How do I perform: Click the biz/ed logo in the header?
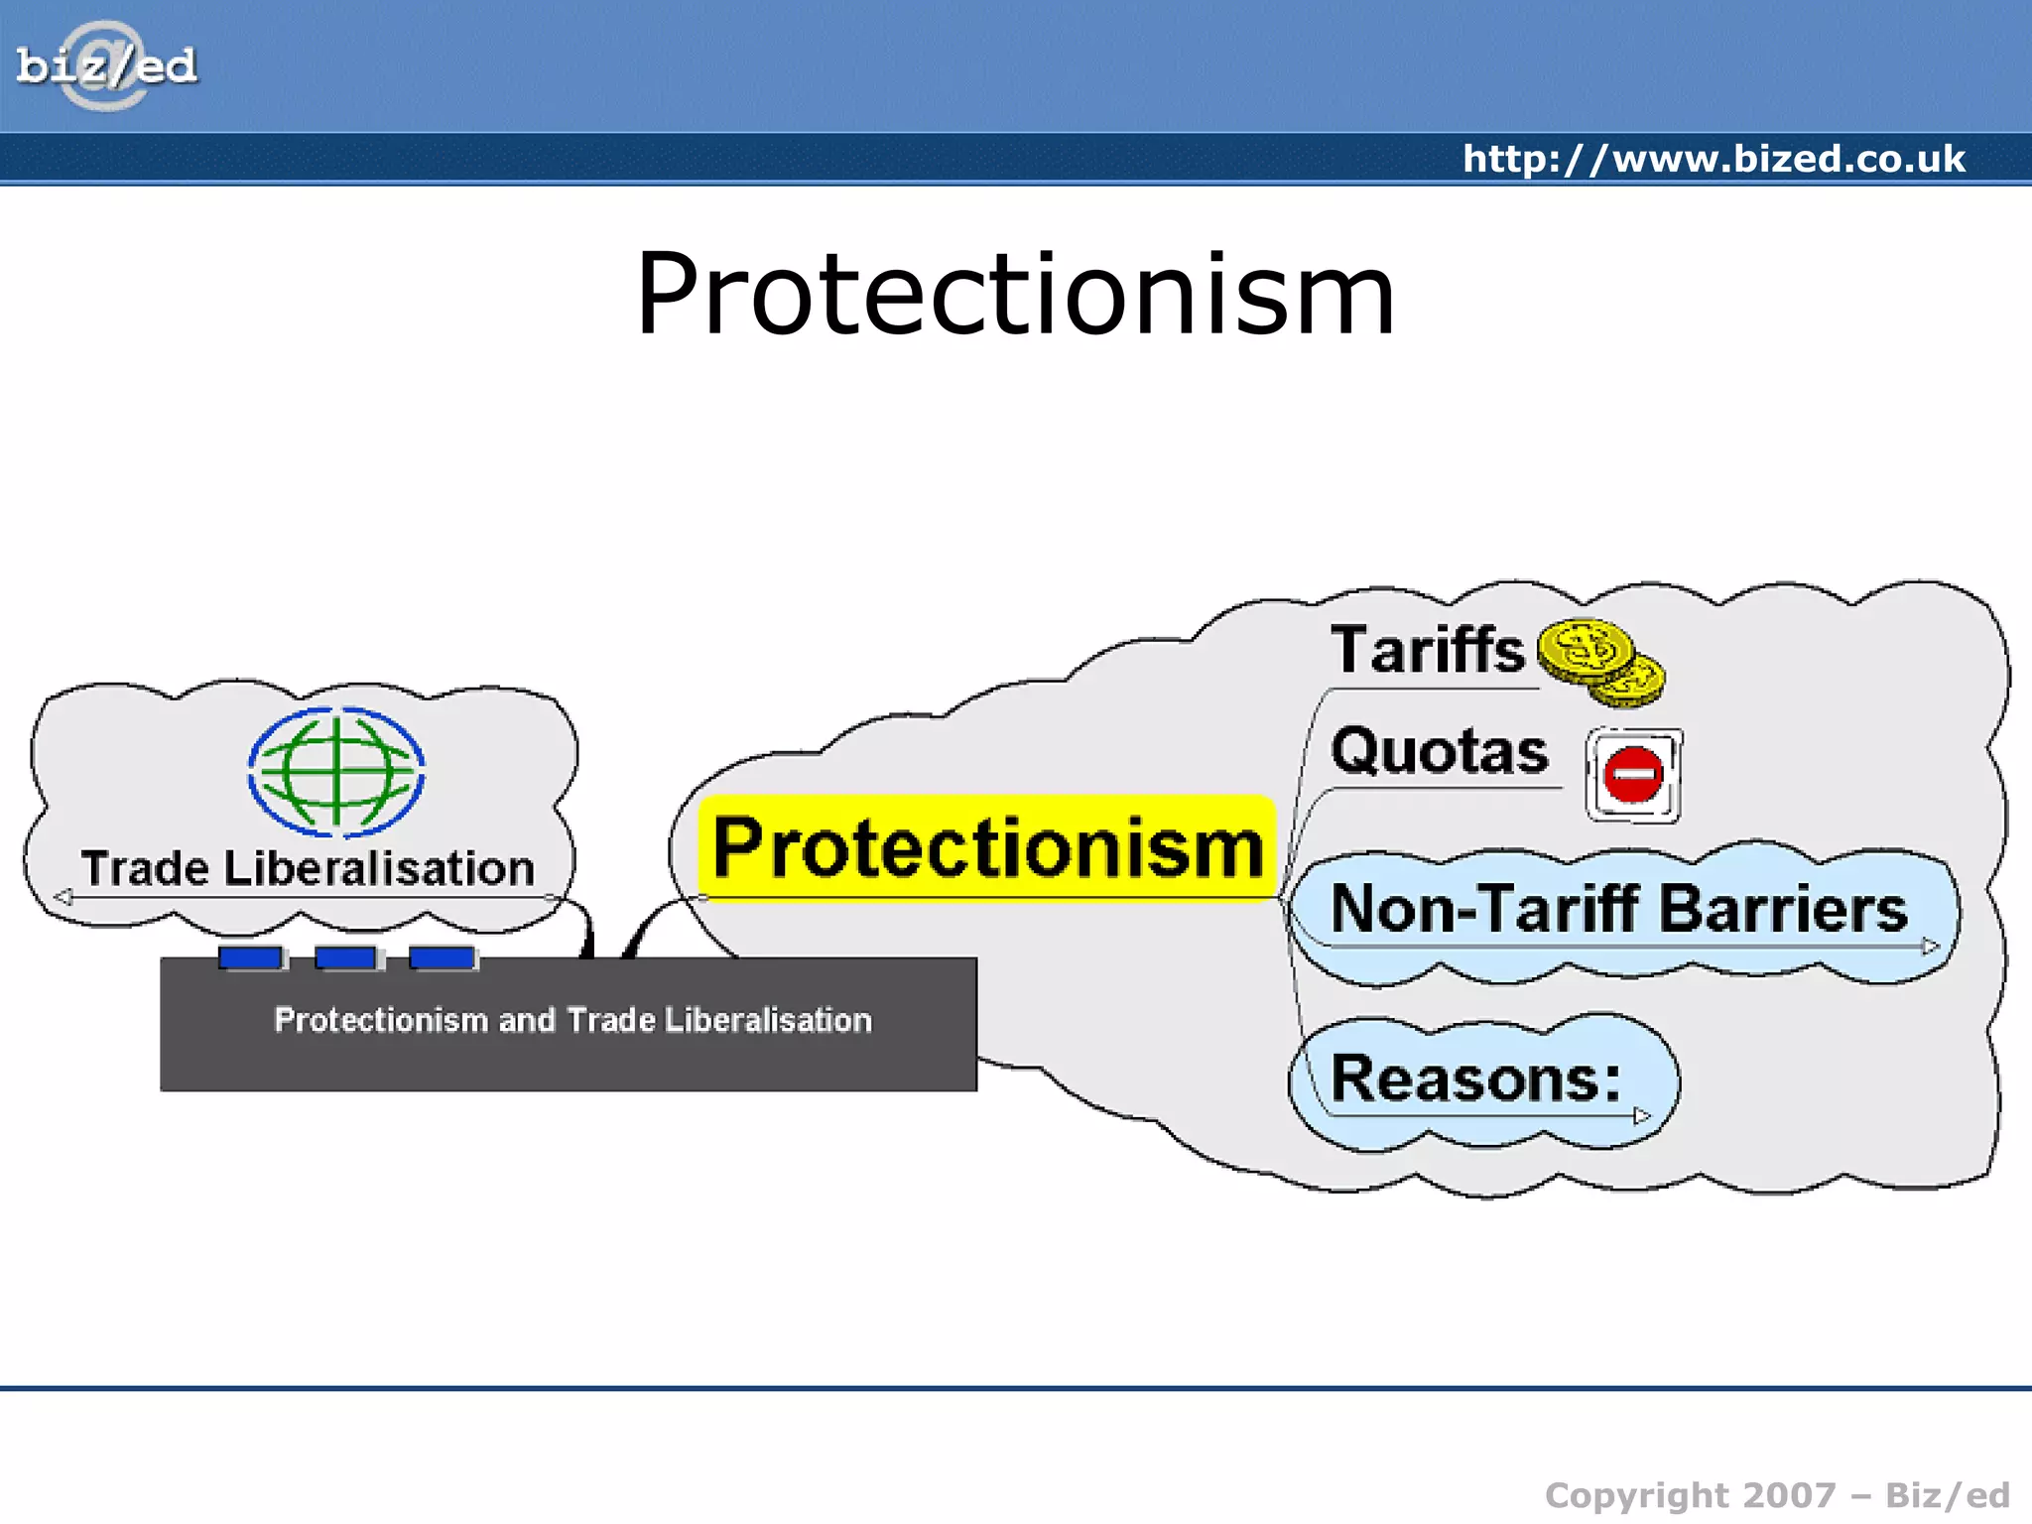tap(106, 66)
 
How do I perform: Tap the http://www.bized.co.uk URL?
tap(1714, 159)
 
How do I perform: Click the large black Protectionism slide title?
tap(1015, 294)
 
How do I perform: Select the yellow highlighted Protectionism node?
tap(987, 848)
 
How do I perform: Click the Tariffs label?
tap(1427, 650)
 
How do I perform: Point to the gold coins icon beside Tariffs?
tap(1600, 662)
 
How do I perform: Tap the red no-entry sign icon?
tap(1633, 775)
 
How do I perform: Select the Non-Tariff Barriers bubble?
tap(1618, 909)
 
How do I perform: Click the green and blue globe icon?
tap(336, 771)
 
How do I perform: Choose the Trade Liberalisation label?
tap(308, 868)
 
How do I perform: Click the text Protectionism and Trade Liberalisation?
tap(572, 1020)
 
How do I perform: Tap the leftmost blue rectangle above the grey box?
tap(251, 957)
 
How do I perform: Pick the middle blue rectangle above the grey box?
tap(346, 957)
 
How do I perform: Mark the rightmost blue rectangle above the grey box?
tap(442, 957)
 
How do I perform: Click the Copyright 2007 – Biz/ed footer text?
tap(1777, 1495)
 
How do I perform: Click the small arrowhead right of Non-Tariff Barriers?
tap(1930, 947)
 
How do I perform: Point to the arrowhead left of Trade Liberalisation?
tap(63, 897)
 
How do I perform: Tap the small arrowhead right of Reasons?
tap(1641, 1115)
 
